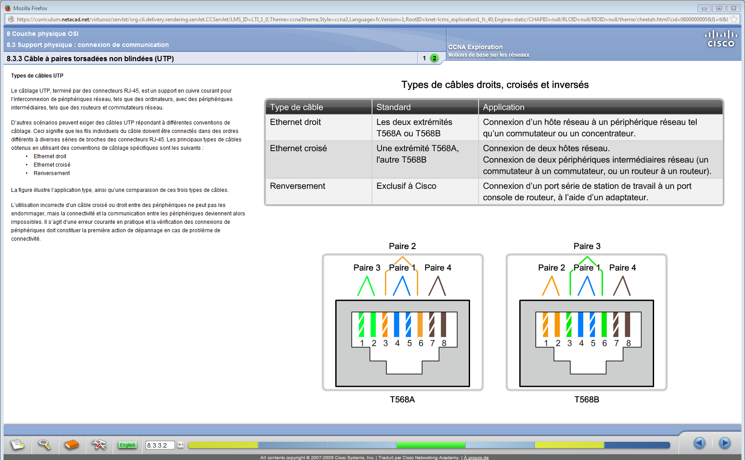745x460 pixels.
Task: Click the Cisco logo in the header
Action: (x=721, y=39)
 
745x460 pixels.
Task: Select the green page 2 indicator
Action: (x=435, y=58)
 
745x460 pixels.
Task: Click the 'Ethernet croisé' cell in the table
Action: (x=298, y=148)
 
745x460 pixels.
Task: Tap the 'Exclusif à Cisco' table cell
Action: (x=406, y=186)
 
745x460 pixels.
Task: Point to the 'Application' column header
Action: (x=503, y=107)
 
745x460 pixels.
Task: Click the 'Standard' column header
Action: (x=393, y=107)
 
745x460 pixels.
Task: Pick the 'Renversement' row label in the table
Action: (x=298, y=186)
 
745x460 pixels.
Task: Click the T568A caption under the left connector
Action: (x=402, y=400)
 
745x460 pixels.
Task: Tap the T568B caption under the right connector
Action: (x=587, y=400)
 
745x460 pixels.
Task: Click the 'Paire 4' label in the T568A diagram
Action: (x=438, y=268)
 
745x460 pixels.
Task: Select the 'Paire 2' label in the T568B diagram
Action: (x=551, y=268)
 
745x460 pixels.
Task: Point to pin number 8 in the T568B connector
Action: (x=628, y=343)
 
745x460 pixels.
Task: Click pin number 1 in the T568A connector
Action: (x=362, y=343)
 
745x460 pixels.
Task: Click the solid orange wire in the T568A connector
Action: (x=420, y=324)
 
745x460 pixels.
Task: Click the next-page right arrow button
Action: (x=725, y=443)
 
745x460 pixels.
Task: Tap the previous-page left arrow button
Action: (x=700, y=443)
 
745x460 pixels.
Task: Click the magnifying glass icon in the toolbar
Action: (x=44, y=444)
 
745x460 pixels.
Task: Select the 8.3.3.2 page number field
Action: (x=160, y=445)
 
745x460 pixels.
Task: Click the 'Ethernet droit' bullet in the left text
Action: (x=50, y=156)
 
